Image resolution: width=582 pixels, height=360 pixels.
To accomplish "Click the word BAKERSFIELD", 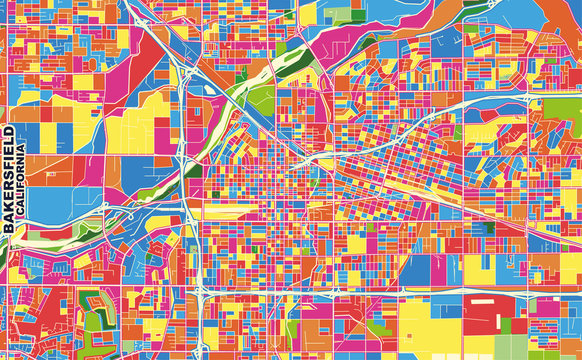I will point(9,180).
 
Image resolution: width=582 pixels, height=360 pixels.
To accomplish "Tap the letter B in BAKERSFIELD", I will point(9,228).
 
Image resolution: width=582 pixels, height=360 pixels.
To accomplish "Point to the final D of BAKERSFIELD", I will point(9,132).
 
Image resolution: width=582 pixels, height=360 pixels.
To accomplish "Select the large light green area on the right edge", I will point(561,110).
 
